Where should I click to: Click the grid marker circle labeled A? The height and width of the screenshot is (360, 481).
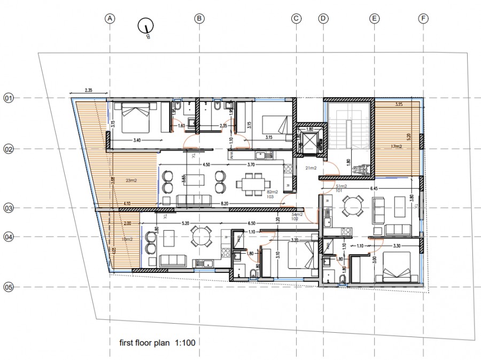(110, 18)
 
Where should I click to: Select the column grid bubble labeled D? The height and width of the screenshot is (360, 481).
(323, 18)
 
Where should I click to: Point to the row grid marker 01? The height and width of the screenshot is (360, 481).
(9, 98)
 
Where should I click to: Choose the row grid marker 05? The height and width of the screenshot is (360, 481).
(9, 287)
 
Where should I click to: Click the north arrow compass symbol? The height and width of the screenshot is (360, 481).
(146, 26)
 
